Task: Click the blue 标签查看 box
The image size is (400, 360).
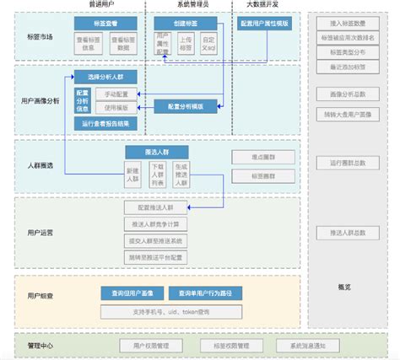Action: pos(100,24)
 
